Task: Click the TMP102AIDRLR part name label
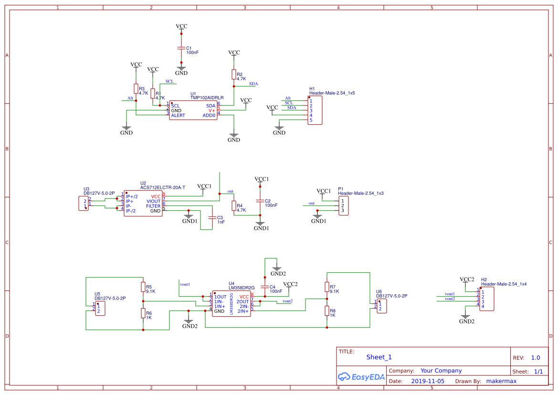(x=207, y=98)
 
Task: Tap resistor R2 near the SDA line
(x=233, y=74)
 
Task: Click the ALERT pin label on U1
(x=178, y=116)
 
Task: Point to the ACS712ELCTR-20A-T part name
(x=162, y=188)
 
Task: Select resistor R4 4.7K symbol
(x=233, y=206)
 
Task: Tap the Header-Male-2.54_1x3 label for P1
(x=360, y=193)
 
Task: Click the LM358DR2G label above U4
(x=242, y=288)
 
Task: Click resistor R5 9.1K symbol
(x=143, y=287)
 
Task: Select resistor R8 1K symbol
(x=327, y=311)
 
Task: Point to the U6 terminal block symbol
(x=381, y=306)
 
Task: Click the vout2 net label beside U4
(x=287, y=301)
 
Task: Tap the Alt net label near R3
(x=130, y=98)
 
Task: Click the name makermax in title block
(x=501, y=381)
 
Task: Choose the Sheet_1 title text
(x=379, y=357)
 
